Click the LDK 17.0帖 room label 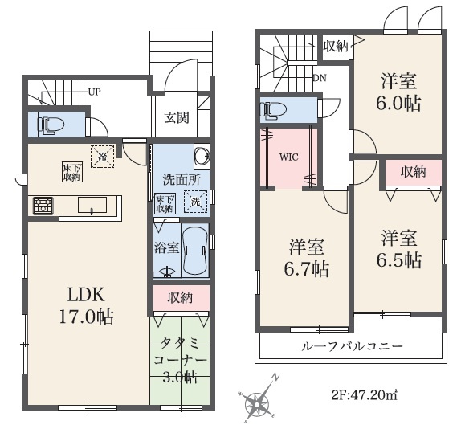[x=84, y=304]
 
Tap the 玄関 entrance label [x=177, y=118]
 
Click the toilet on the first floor [x=54, y=125]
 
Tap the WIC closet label [x=288, y=157]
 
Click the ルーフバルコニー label [x=350, y=346]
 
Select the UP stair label [x=95, y=92]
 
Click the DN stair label [x=320, y=78]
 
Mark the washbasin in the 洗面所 [x=202, y=155]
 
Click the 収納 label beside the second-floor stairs [x=335, y=46]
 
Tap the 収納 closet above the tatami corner [x=180, y=298]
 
